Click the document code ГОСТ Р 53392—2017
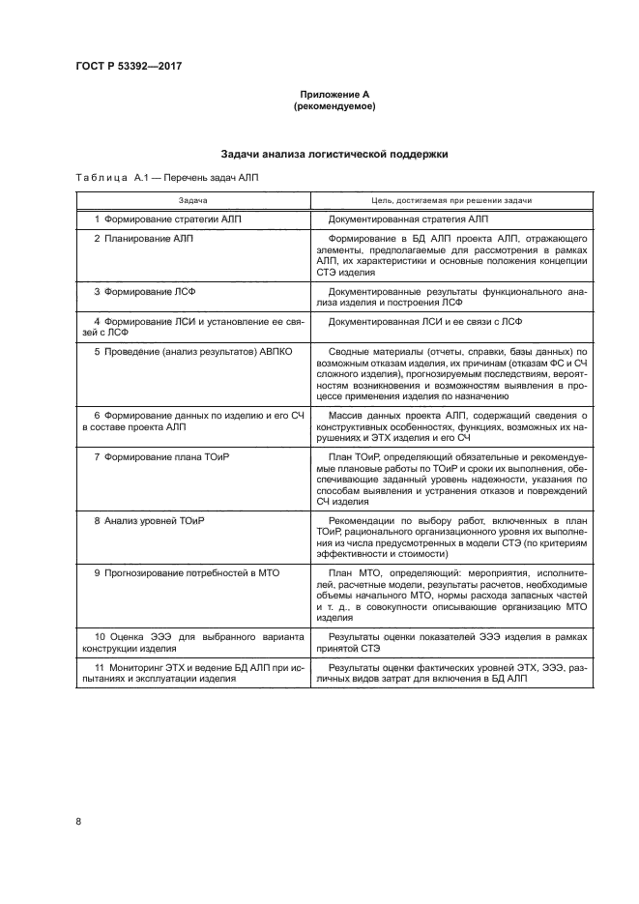click(129, 66)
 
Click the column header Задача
click(193, 200)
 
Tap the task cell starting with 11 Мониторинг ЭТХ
click(193, 701)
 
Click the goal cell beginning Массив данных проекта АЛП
click(446, 422)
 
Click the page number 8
click(78, 822)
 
